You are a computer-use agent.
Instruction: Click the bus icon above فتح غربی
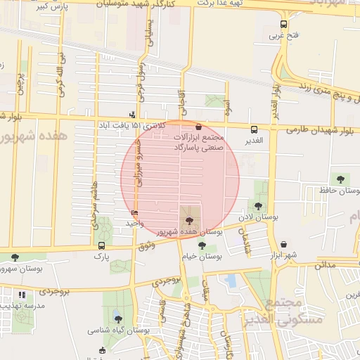point(283,23)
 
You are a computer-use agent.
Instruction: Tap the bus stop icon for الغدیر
point(254,129)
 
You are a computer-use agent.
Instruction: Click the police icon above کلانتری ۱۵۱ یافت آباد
point(132,115)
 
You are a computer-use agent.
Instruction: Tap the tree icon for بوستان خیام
point(202,245)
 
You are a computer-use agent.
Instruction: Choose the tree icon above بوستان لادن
point(259,206)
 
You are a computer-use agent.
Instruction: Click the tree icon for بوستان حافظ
point(341,179)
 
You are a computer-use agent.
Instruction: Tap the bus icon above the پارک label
point(102,245)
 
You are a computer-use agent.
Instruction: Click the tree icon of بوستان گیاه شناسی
point(117,319)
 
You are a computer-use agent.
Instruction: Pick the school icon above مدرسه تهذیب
point(22,294)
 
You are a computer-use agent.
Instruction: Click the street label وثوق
point(146,245)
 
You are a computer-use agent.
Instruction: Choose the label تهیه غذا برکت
point(241,2)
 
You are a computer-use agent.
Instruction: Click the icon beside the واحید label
point(135,213)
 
